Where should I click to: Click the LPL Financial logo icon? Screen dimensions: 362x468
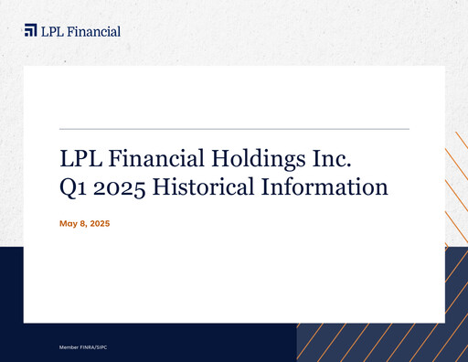[30, 30]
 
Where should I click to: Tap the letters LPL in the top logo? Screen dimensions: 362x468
[52, 31]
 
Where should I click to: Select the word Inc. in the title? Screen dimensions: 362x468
[331, 158]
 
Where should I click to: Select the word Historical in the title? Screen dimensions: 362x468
[203, 188]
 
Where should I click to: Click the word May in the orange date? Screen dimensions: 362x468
[68, 224]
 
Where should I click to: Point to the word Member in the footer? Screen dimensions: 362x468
[69, 348]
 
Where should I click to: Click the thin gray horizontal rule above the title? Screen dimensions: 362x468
[233, 129]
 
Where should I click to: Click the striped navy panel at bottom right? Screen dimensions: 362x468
[384, 343]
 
